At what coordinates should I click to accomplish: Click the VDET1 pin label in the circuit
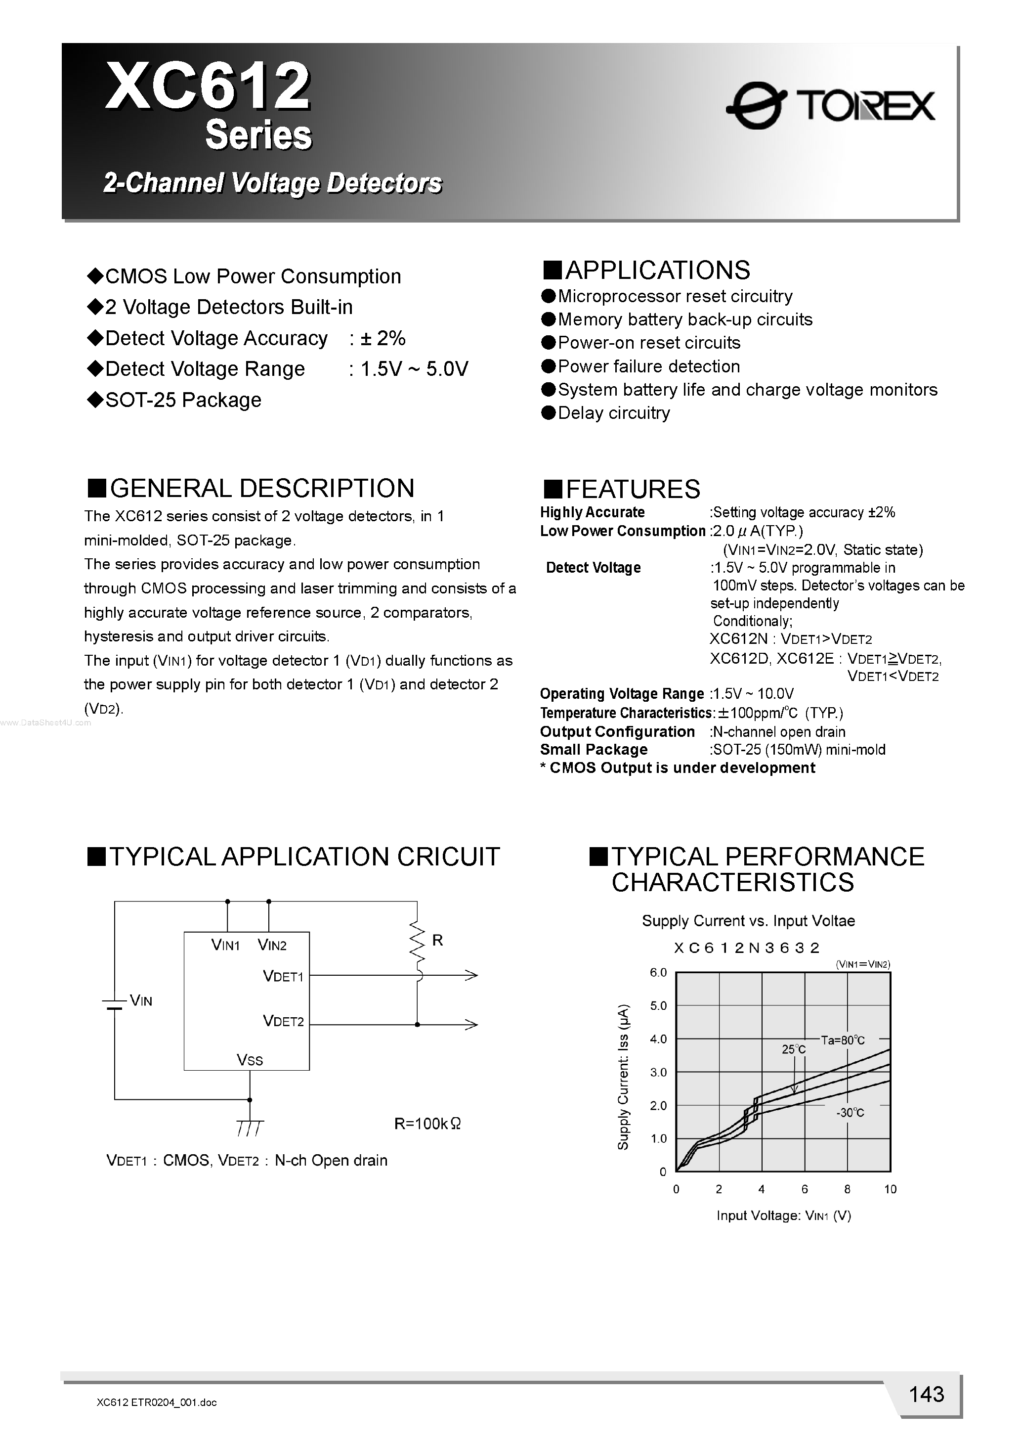[283, 976]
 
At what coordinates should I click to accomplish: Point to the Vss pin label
[250, 1060]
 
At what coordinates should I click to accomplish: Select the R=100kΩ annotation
[427, 1124]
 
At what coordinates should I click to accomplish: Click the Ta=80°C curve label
[843, 1040]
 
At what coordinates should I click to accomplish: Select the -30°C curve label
[850, 1113]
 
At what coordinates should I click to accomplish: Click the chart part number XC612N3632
[747, 948]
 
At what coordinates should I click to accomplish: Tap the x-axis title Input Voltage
[784, 1216]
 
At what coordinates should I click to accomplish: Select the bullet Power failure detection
[648, 366]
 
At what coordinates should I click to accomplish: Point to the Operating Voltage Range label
[622, 694]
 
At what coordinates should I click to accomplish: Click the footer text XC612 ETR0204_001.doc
[157, 1402]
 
